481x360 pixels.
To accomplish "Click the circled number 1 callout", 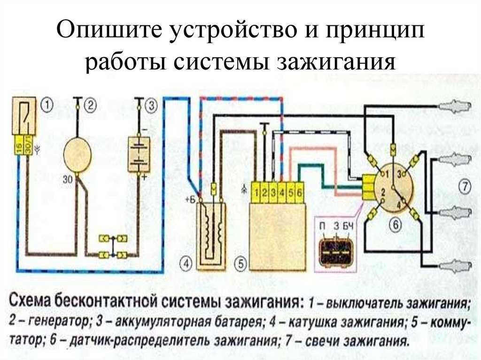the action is point(47,105).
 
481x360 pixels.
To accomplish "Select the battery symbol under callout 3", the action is point(139,154).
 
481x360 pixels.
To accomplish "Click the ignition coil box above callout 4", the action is point(211,236).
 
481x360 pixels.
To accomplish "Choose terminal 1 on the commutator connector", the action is point(256,192).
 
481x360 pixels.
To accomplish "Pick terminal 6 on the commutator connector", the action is point(300,192).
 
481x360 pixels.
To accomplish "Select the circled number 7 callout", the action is point(465,186).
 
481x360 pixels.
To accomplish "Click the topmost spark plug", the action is point(454,107).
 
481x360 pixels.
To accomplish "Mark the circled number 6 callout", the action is point(395,225).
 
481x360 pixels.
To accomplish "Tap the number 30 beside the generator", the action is point(67,179).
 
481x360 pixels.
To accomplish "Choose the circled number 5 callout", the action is point(240,263).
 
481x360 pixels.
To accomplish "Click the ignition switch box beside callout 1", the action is point(23,116).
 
